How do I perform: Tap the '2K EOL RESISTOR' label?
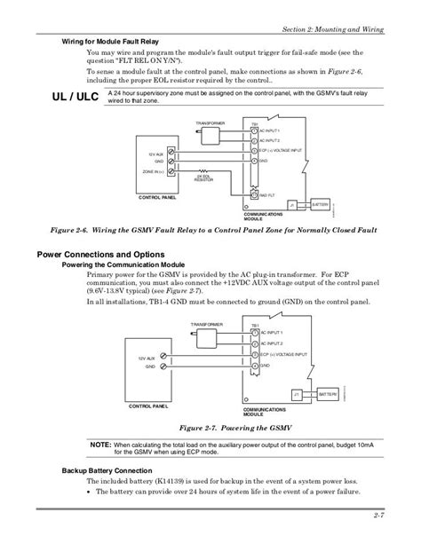203,177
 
